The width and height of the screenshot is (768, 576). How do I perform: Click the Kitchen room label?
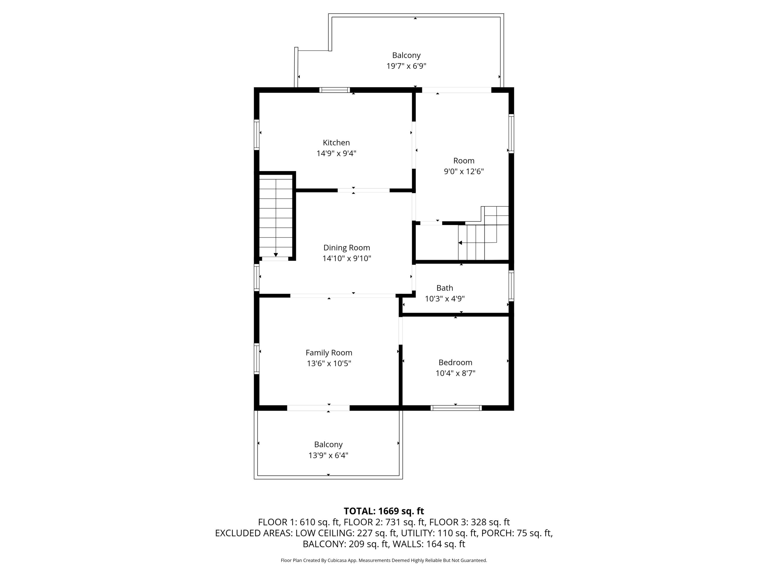pos(336,143)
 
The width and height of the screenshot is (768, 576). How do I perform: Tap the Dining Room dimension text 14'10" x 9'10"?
pos(346,258)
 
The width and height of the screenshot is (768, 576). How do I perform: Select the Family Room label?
pos(329,353)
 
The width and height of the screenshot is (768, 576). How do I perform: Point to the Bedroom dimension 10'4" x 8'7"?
pos(455,373)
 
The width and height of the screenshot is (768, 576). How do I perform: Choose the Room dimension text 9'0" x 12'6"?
pos(463,172)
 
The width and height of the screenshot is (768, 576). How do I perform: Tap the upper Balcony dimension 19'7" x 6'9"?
pos(406,66)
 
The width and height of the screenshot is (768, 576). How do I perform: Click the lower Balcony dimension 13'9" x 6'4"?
pos(328,455)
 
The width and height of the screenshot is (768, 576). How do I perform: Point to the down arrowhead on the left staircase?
pos(276,255)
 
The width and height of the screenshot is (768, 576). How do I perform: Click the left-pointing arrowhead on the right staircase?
pos(460,243)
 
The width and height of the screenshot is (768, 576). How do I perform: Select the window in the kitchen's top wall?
pos(335,90)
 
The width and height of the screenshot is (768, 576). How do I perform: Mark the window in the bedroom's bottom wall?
pos(456,408)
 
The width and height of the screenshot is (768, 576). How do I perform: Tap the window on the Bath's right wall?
pos(511,285)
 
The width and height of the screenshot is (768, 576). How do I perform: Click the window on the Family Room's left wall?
pos(256,359)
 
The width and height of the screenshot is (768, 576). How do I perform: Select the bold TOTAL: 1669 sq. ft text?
pos(384,511)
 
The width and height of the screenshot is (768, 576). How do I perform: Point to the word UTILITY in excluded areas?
pos(416,533)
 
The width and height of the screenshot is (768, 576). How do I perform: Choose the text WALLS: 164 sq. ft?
pos(429,544)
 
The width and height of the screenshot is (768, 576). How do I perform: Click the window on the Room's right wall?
pos(511,134)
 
